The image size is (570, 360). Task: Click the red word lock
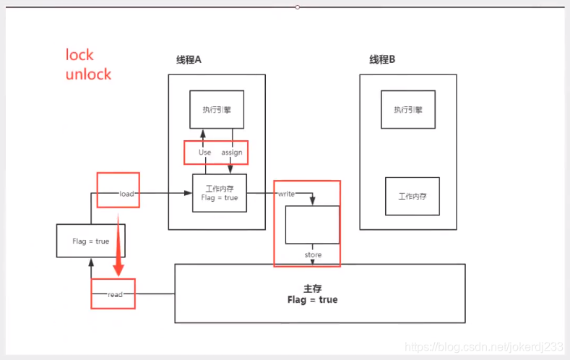80,55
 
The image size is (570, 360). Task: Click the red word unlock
89,74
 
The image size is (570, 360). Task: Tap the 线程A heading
189,59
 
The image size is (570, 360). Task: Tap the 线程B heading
382,59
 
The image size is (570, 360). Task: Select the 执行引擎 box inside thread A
217,109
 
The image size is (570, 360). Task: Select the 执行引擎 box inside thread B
408,109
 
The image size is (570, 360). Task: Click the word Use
205,153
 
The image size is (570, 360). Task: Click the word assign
232,153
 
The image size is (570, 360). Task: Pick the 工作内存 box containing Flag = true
220,192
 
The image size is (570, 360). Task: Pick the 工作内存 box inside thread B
412,196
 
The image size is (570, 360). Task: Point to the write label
287,193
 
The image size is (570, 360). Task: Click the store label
313,254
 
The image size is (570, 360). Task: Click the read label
116,294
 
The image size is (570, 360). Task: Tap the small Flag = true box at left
91,241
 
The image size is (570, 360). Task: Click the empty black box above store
312,224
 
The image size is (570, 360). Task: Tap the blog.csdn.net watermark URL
483,347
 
